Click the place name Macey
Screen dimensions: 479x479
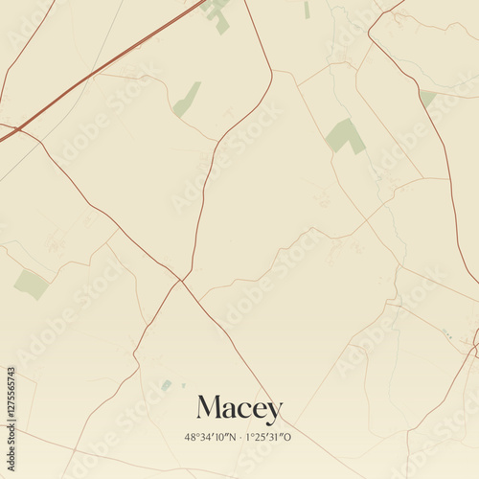239,409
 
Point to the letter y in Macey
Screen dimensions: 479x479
275,413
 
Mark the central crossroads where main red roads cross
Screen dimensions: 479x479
180,280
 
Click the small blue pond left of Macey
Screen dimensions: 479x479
167,385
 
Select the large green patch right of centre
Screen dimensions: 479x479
345,135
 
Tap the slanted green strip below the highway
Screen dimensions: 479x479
187,100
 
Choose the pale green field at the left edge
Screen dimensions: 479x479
31,284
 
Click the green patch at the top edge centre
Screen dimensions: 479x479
217,13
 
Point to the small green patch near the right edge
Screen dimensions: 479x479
427,98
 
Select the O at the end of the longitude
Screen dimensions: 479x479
288,437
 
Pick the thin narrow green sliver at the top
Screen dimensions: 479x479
307,10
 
